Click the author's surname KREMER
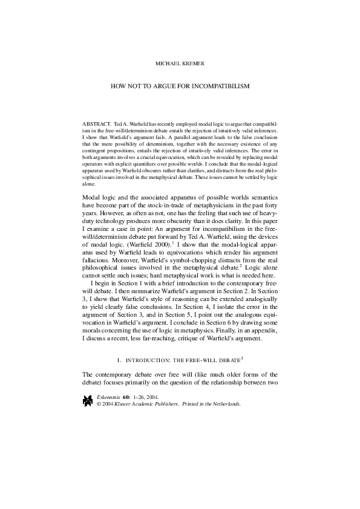(x=197, y=62)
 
